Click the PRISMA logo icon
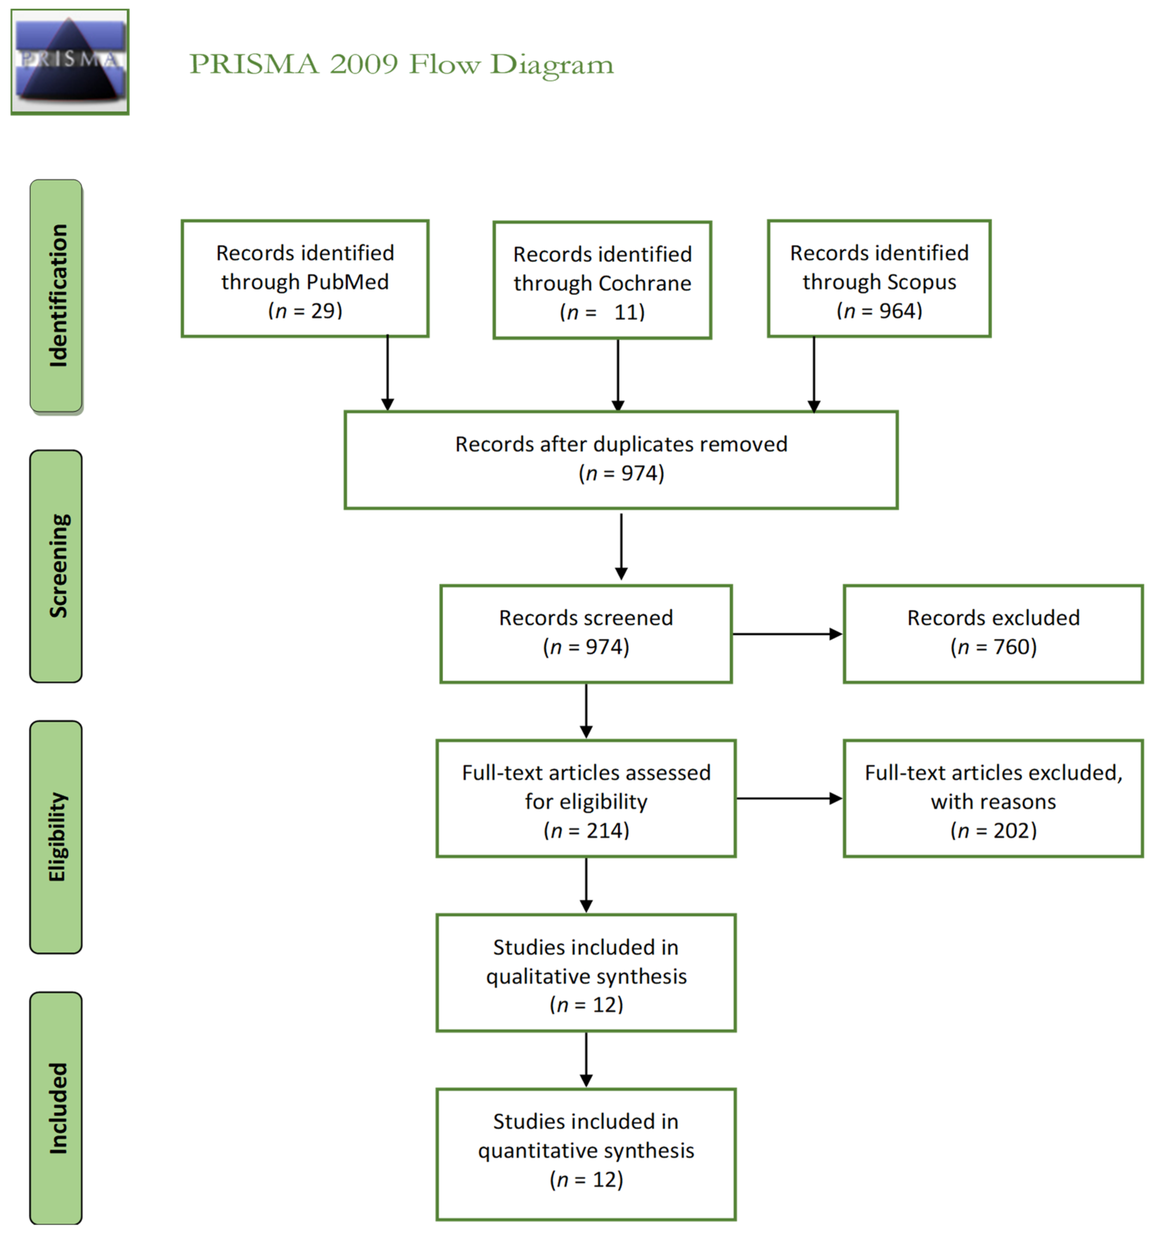point(69,61)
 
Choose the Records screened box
point(586,634)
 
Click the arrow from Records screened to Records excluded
point(787,634)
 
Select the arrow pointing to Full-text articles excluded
point(788,798)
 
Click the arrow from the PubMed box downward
point(387,373)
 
